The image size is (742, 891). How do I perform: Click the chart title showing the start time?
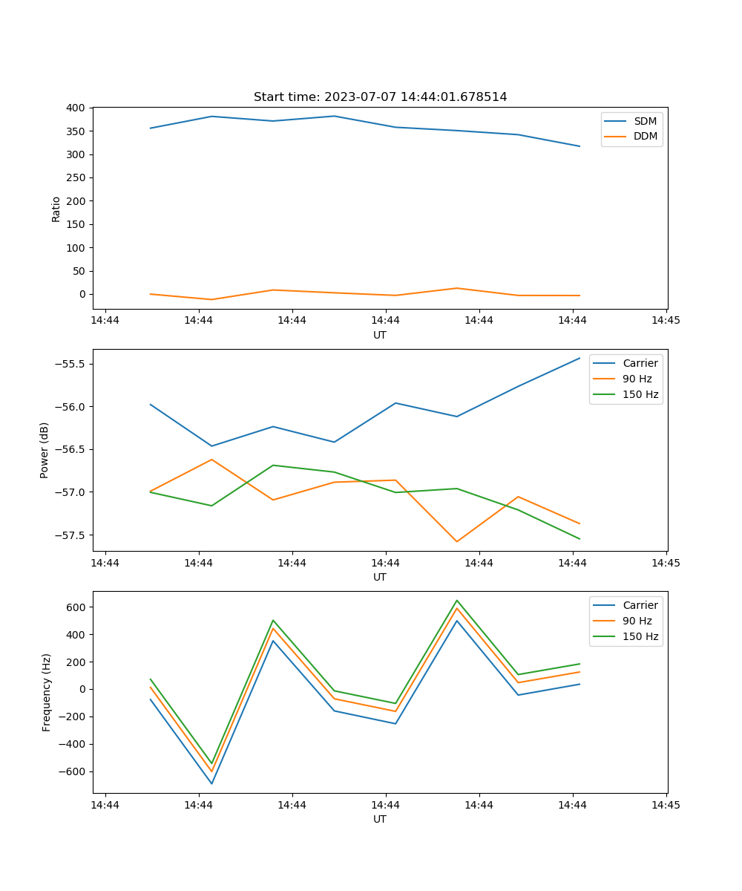(x=380, y=97)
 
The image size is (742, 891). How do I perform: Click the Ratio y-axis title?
(x=56, y=209)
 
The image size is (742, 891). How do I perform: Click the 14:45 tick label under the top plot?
(x=666, y=321)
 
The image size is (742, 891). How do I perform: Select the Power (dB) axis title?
(x=45, y=450)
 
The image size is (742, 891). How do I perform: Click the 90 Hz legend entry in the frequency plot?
(x=637, y=621)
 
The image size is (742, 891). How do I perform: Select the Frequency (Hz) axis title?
(x=46, y=692)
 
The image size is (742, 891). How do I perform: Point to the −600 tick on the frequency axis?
(x=71, y=771)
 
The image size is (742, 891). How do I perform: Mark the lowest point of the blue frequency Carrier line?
(x=211, y=783)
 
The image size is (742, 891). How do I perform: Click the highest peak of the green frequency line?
(x=457, y=600)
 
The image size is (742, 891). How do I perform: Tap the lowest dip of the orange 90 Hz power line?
(x=457, y=541)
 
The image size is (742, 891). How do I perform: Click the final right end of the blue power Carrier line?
(x=580, y=358)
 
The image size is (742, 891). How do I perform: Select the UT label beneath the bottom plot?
(x=380, y=819)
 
